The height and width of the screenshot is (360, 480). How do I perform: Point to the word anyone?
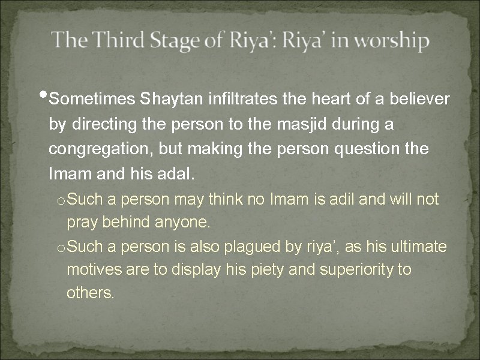[x=181, y=223]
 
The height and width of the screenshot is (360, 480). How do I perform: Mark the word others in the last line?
[x=90, y=294]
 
